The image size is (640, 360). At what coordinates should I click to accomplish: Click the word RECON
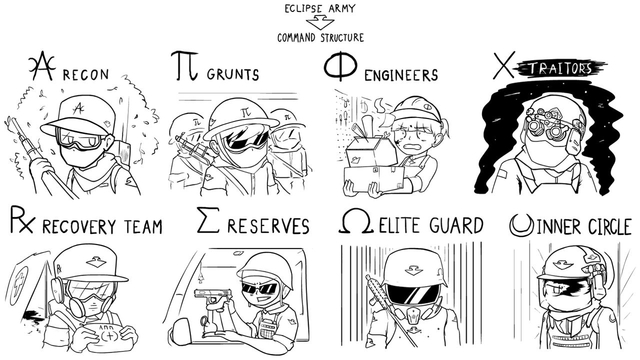point(86,74)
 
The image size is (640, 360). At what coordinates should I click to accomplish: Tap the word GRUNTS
point(233,74)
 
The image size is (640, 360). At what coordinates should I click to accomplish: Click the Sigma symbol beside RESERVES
point(208,219)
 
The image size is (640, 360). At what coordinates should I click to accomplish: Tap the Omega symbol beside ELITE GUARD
point(356,221)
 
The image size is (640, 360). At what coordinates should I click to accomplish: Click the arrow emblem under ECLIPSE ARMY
point(320,22)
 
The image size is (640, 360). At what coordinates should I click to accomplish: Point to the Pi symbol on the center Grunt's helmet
point(245,112)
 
